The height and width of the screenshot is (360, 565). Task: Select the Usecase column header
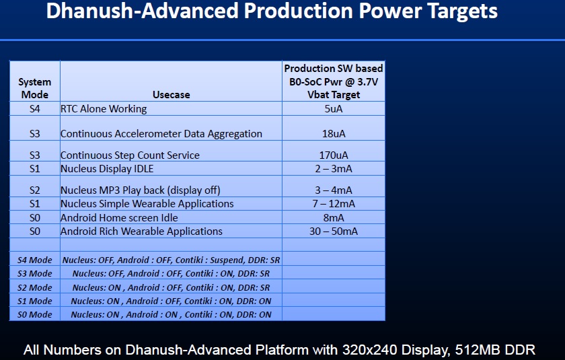(x=171, y=95)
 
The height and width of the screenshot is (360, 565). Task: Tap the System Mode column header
(x=34, y=88)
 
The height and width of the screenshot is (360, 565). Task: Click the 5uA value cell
(x=334, y=109)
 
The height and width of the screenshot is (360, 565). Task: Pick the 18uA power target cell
(x=334, y=134)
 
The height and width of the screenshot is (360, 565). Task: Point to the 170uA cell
(x=334, y=155)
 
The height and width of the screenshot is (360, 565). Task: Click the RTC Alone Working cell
(x=104, y=109)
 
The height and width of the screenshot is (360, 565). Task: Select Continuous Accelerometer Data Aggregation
(x=161, y=134)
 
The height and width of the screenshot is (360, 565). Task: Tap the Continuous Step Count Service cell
(x=130, y=155)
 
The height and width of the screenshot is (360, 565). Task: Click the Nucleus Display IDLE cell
(x=107, y=169)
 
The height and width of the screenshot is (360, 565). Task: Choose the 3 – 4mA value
(x=334, y=190)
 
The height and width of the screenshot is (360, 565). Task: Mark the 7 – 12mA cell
(x=334, y=204)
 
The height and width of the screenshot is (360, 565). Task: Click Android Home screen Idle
(x=119, y=218)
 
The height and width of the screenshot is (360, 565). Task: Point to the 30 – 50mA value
(x=334, y=231)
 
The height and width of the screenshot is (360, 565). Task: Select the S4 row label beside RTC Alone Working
(x=34, y=109)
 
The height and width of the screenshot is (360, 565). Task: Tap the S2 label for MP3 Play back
(x=34, y=190)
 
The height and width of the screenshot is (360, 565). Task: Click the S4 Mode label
(x=34, y=260)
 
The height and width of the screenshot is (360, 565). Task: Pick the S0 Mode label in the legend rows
(x=34, y=315)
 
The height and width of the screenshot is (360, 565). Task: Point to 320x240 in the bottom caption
(x=369, y=350)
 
